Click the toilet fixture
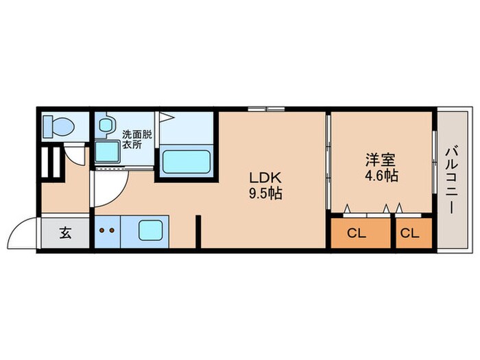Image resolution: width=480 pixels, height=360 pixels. [x=58, y=126]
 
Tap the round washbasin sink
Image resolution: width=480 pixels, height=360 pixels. [x=106, y=125]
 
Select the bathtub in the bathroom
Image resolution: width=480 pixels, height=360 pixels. [x=186, y=162]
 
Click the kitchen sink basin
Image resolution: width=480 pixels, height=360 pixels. [x=150, y=230]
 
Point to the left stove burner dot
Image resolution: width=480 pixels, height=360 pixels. [x=101, y=230]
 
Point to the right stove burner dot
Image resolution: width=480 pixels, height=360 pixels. [x=112, y=230]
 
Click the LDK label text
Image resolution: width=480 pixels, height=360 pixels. [x=265, y=178]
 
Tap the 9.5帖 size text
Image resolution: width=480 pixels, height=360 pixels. [x=265, y=193]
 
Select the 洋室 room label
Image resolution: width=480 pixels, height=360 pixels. [x=381, y=160]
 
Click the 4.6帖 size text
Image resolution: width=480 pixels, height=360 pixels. [x=381, y=176]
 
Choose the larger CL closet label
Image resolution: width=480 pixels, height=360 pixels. [x=357, y=234]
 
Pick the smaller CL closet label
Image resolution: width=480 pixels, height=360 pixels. [x=409, y=234]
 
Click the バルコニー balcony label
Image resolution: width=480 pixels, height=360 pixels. [x=452, y=180]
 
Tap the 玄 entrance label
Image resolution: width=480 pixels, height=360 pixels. [x=65, y=233]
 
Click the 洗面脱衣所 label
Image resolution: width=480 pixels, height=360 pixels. [x=137, y=139]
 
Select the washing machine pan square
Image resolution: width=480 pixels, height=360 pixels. [x=107, y=152]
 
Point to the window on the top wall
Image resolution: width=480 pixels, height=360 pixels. [x=266, y=108]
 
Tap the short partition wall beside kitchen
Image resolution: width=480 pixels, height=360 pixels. [x=198, y=232]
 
